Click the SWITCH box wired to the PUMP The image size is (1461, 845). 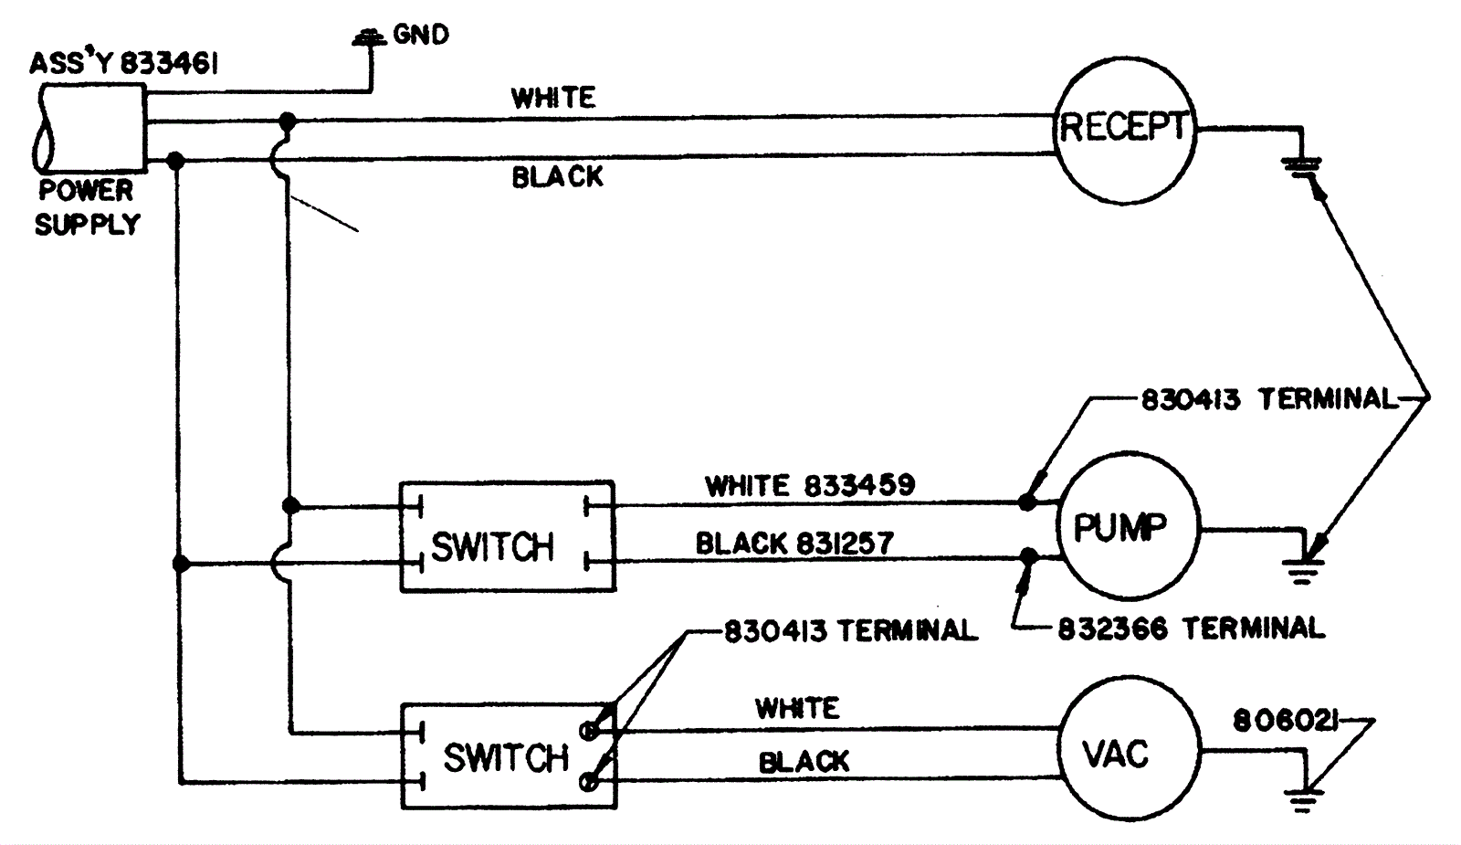point(507,536)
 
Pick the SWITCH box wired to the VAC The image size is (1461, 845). point(509,755)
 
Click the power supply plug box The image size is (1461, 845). point(91,127)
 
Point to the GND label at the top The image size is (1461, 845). point(420,35)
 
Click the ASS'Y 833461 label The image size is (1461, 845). point(123,63)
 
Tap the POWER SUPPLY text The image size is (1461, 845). point(87,207)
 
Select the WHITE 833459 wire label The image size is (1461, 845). point(809,485)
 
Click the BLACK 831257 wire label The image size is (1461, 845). point(794,544)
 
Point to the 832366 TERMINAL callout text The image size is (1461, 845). point(1191,628)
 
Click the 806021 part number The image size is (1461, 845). point(1286,722)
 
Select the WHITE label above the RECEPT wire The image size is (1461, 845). point(553,97)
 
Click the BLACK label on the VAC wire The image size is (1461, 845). point(804,761)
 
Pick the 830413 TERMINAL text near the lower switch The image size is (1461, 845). point(850,630)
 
